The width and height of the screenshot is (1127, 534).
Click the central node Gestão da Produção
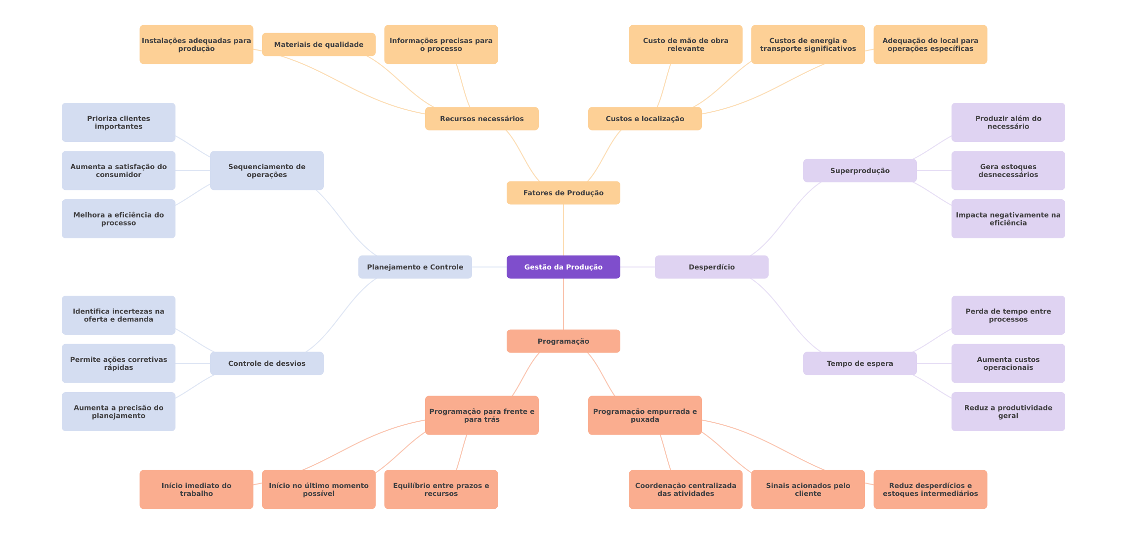click(x=563, y=267)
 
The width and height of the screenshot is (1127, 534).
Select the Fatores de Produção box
click(x=563, y=193)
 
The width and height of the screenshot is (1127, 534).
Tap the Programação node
click(x=563, y=341)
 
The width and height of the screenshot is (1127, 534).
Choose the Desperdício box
click(x=711, y=267)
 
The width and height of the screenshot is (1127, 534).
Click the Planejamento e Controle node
click(x=415, y=267)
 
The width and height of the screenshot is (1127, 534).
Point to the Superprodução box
click(x=860, y=171)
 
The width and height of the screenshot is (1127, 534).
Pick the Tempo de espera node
click(x=860, y=363)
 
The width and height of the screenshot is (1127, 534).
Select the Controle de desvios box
click(x=266, y=363)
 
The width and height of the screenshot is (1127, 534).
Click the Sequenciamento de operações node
click(x=266, y=171)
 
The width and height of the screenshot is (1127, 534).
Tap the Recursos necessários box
click(x=481, y=119)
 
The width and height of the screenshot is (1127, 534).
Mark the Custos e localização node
click(x=645, y=119)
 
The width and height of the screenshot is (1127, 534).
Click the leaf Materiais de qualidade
click(x=318, y=44)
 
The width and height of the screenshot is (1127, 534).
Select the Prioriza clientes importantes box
click(x=118, y=122)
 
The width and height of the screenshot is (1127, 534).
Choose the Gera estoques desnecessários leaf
click(x=1008, y=171)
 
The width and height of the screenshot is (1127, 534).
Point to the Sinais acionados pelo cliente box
click(x=808, y=489)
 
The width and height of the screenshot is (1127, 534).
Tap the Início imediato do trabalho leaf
click(x=196, y=489)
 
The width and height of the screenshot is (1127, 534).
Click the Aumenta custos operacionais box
click(x=1008, y=363)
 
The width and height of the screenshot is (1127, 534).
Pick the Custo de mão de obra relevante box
click(x=685, y=44)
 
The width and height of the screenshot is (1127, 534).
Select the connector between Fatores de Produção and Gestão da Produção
click(x=563, y=230)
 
